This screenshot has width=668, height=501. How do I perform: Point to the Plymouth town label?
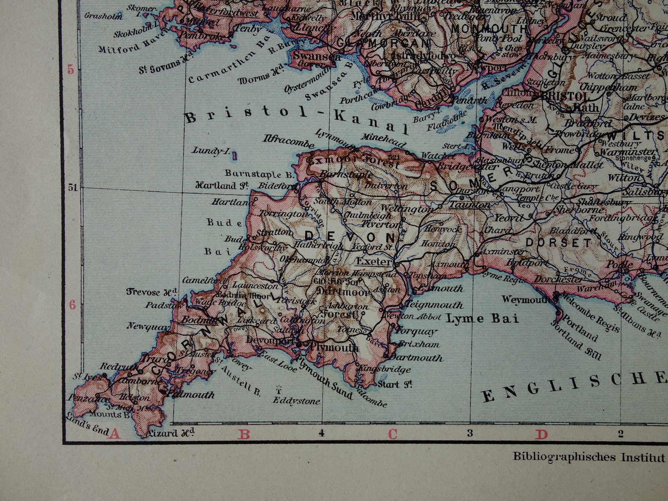click(x=334, y=347)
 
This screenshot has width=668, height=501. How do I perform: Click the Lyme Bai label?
click(x=482, y=318)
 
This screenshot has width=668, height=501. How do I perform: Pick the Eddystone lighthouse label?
click(x=296, y=401)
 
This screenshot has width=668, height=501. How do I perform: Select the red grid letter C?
click(x=392, y=434)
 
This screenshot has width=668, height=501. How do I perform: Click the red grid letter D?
click(x=541, y=434)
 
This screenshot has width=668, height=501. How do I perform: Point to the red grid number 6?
click(x=72, y=305)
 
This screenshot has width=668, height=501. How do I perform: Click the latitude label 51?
click(x=73, y=188)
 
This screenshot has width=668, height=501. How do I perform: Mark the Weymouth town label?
click(x=526, y=300)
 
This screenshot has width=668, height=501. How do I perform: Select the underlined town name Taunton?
click(x=469, y=205)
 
